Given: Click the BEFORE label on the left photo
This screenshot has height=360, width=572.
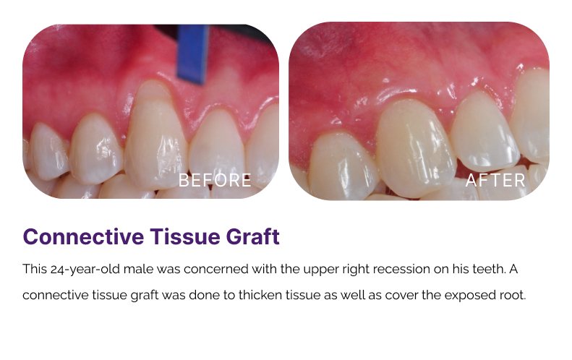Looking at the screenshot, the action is coord(215,180).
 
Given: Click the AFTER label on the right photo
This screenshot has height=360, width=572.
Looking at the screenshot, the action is coord(495,180).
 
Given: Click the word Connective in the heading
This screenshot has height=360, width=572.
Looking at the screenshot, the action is coord(83,236).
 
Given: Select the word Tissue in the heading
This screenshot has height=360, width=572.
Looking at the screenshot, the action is coord(184,236).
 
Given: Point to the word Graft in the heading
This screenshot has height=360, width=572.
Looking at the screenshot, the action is coord(253,236).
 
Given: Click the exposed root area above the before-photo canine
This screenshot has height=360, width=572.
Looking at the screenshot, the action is coord(153,92).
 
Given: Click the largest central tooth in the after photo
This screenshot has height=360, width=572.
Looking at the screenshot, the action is coord(415,147).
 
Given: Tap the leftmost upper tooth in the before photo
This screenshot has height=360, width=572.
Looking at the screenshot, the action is coord(48,151).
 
